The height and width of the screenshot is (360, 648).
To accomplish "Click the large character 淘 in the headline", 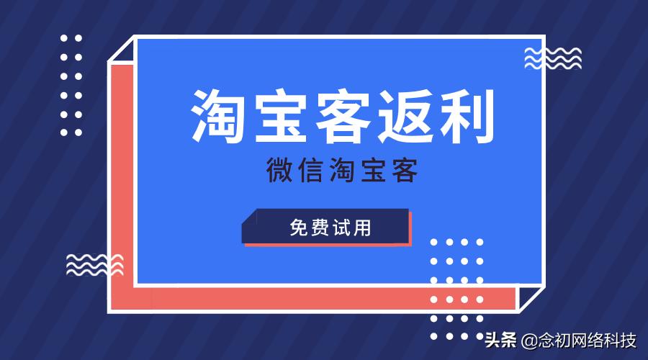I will pos(220,116).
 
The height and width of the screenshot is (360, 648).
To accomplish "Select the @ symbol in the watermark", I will pos(528,340).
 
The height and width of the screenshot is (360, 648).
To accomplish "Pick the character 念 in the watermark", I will pos(544,340).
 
